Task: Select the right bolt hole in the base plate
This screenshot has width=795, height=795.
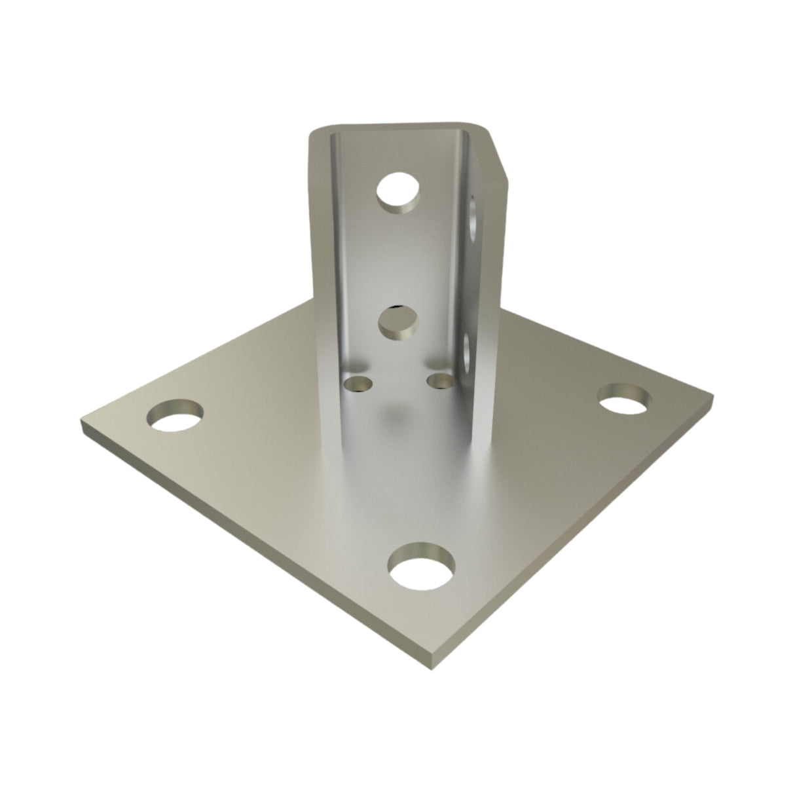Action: point(625,399)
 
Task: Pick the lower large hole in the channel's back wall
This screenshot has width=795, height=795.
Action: point(398,322)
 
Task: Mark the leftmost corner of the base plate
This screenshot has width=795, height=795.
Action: point(82,426)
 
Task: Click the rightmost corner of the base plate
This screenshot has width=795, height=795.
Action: point(712,395)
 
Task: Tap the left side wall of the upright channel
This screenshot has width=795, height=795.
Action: point(321,262)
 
